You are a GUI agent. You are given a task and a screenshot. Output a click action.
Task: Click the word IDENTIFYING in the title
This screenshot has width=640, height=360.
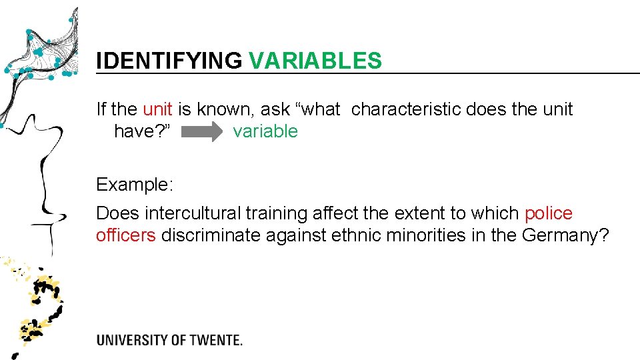click(169, 61)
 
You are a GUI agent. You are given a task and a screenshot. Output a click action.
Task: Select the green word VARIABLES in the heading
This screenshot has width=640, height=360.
click(315, 61)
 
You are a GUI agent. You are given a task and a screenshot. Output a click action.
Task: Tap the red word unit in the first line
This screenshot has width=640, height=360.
click(157, 109)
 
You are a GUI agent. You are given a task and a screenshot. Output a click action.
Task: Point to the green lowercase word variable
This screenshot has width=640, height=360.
click(265, 131)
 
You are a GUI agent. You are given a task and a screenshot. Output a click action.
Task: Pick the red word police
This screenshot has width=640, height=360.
click(549, 213)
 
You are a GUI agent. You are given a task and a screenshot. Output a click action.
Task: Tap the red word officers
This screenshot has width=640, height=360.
click(126, 235)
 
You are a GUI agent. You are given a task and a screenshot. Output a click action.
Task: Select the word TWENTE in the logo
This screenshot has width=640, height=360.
click(213, 340)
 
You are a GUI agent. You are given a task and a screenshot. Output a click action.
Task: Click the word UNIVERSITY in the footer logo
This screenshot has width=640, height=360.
click(132, 340)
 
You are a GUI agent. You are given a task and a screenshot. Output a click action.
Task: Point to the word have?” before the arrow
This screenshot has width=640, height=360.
click(145, 131)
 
